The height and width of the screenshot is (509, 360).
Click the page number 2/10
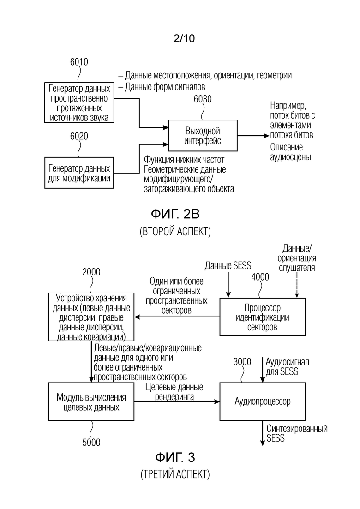184,38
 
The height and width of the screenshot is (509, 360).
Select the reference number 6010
79,62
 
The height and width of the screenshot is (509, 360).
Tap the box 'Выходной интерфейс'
203,136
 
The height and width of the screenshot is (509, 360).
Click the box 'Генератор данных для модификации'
79,173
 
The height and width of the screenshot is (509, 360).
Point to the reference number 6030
203,99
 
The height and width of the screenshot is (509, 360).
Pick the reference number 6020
79,136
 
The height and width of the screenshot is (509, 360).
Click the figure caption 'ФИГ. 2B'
175,214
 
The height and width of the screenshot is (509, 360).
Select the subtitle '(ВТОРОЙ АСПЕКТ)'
175,232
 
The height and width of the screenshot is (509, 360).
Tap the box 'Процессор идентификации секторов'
262,317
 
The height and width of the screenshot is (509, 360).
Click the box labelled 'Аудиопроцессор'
262,401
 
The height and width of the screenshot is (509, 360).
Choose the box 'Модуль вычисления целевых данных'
91,401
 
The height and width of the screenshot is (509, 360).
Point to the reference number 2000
91,272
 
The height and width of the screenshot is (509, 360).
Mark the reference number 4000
260,277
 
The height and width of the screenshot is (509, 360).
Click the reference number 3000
242,362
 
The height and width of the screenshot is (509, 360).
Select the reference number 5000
91,442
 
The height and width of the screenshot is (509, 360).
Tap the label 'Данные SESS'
228,266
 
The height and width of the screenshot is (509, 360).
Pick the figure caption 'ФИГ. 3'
175,457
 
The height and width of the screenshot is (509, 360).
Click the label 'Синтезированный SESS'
297,433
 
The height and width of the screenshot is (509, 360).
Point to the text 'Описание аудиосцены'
290,152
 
